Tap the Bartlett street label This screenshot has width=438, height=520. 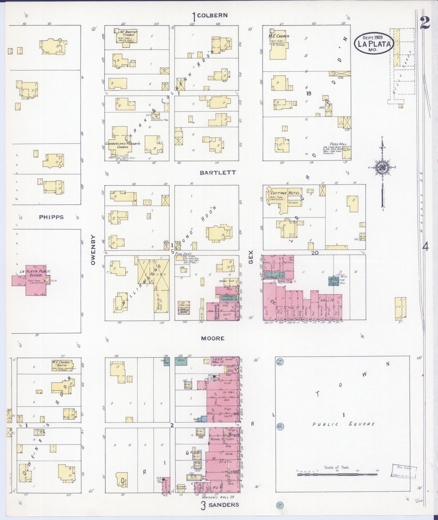point(218,173)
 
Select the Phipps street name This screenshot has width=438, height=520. point(51,217)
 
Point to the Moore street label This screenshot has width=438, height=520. point(213,338)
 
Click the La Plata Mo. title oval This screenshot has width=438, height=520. point(374,44)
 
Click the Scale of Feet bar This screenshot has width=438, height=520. point(337,474)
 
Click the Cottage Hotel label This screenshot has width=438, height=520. point(285,193)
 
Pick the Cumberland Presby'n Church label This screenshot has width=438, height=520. point(122,145)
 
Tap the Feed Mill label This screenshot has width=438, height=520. point(338,144)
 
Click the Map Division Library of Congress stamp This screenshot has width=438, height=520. point(404,471)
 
